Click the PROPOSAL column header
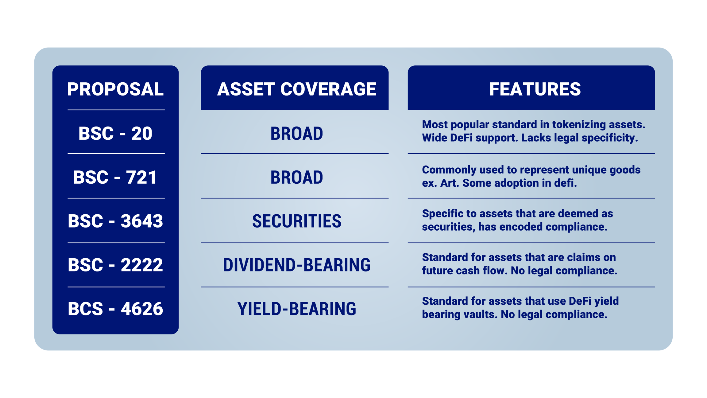[115, 89]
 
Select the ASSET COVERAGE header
[296, 89]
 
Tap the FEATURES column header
[535, 89]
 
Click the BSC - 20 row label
[115, 133]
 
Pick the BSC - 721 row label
[115, 177]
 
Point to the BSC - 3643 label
[115, 221]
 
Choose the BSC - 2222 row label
[115, 265]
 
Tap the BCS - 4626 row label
[115, 309]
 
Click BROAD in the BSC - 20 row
[296, 133]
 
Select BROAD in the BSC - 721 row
[296, 177]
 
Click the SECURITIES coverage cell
[296, 221]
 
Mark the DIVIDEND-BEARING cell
[296, 265]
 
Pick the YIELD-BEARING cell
[296, 309]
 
